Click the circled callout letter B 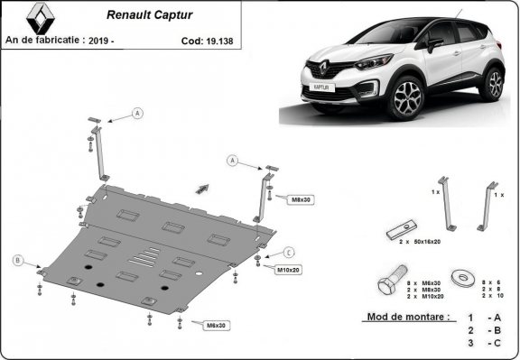point(17,261)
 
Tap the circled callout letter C point(289,252)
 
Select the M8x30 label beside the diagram point(301,198)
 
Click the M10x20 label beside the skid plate point(288,269)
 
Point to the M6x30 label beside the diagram point(215,325)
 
